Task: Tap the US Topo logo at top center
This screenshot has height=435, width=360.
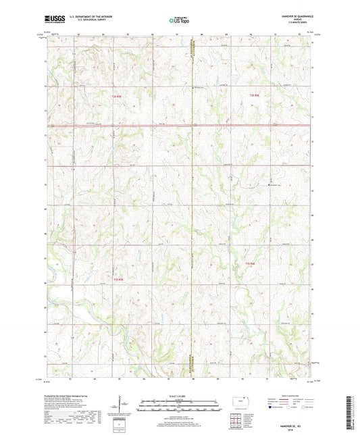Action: click(179, 21)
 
